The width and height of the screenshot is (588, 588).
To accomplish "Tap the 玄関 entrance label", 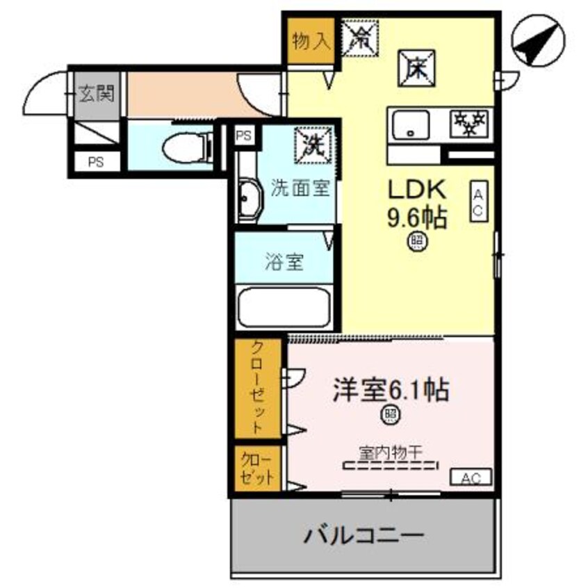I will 95,92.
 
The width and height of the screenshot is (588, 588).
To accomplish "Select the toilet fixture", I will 185,147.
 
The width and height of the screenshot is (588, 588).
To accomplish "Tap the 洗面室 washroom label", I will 300,188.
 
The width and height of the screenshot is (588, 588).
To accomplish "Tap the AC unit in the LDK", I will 478,202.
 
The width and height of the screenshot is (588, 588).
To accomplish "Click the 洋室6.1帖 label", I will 391,391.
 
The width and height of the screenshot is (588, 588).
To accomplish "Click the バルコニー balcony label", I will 364,537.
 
